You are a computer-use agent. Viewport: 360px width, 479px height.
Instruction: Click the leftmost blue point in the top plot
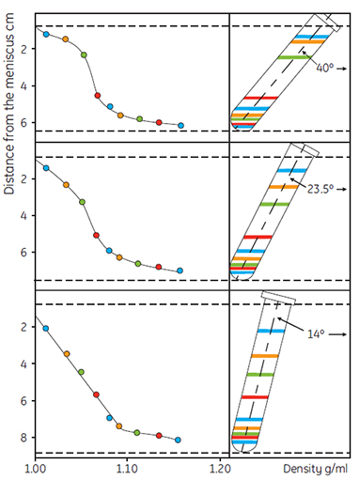46,34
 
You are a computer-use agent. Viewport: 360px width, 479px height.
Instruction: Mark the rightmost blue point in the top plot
180,125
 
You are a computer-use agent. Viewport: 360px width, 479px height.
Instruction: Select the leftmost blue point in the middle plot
46,167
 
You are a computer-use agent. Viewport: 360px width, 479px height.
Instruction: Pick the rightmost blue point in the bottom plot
178,440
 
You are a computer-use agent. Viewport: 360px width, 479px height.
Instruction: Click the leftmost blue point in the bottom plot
46,329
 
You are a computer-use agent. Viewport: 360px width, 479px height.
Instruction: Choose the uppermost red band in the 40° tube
257,98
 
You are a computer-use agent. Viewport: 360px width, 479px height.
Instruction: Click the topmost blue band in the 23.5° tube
290,170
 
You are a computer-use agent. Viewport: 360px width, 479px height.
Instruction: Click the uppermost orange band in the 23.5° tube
283,187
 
